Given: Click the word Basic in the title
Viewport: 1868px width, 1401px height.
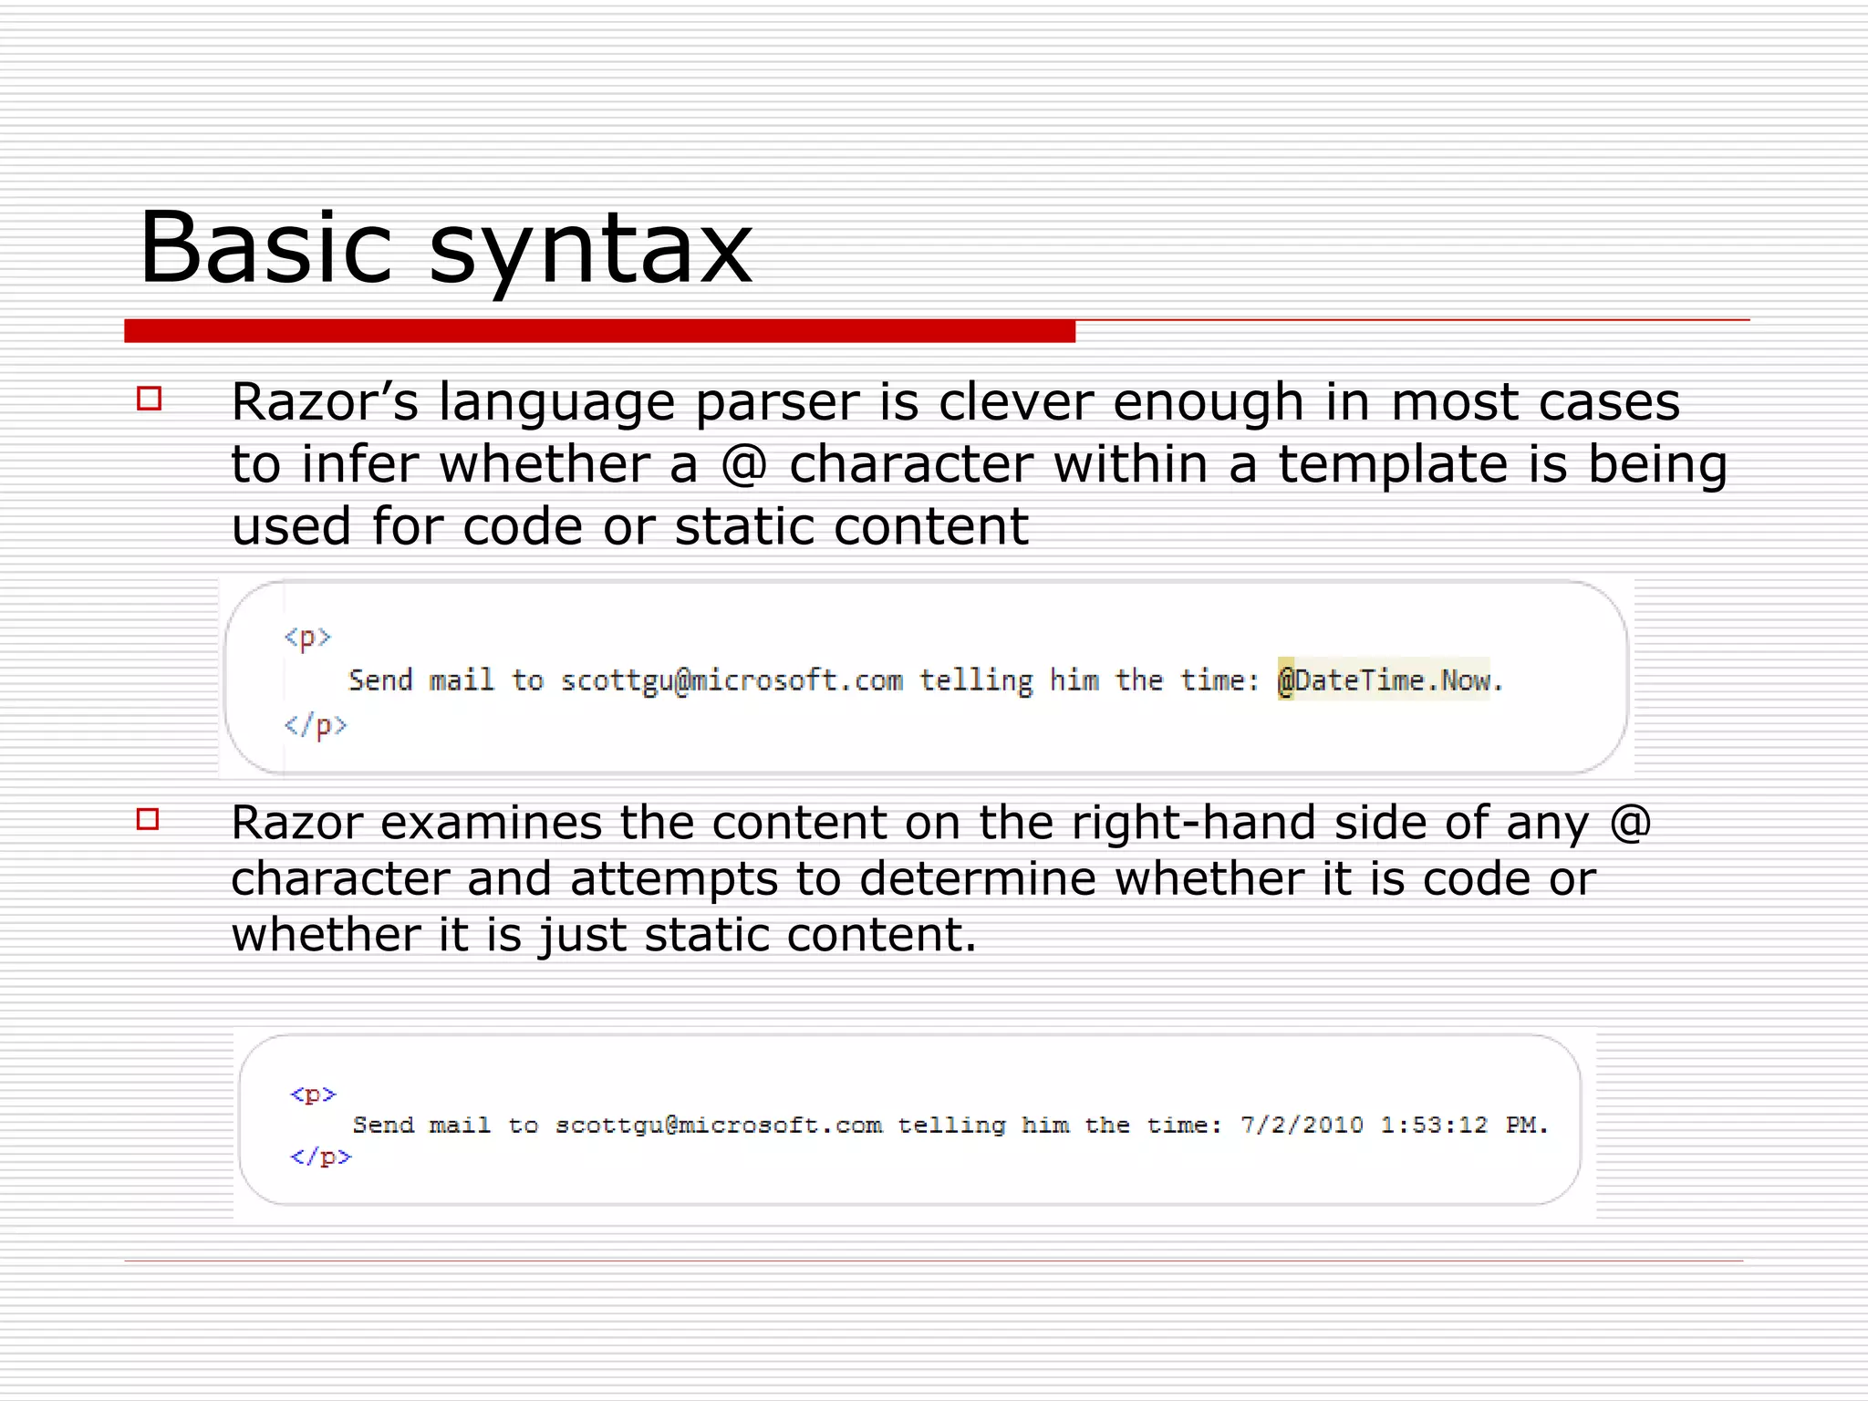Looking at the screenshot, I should [x=265, y=248].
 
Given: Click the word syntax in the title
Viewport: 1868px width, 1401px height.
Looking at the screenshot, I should [x=590, y=251].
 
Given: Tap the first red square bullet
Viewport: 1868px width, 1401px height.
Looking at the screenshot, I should [x=149, y=399].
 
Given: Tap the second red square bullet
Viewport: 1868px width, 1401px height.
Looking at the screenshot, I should [x=148, y=818].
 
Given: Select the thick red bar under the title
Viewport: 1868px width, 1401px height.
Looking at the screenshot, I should [x=599, y=331].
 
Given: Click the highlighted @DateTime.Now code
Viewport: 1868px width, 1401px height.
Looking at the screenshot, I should [x=1383, y=680].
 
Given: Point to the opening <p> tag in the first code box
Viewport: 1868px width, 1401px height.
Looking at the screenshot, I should [x=306, y=637].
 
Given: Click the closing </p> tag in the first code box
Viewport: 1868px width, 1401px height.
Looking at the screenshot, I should [x=316, y=725].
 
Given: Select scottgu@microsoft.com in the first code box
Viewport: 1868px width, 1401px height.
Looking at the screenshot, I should [x=732, y=680].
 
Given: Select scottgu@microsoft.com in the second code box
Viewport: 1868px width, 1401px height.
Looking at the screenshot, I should [x=719, y=1125].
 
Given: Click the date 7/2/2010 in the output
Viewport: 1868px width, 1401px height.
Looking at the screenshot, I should [x=1302, y=1125].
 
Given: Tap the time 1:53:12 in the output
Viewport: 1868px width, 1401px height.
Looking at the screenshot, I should [x=1434, y=1125].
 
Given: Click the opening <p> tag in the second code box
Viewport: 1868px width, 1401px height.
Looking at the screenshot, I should [x=313, y=1094].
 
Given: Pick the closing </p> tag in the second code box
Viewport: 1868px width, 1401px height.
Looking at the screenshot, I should [x=320, y=1157].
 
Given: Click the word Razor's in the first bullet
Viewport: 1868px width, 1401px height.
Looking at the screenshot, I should [x=325, y=401].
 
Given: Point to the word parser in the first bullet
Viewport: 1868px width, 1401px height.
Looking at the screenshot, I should [x=776, y=403].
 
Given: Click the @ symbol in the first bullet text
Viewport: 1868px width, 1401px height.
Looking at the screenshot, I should [x=743, y=464].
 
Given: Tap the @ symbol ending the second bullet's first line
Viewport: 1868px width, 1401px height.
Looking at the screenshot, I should [x=1630, y=823].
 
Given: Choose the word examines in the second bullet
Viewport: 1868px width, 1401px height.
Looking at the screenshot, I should [x=492, y=823].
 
